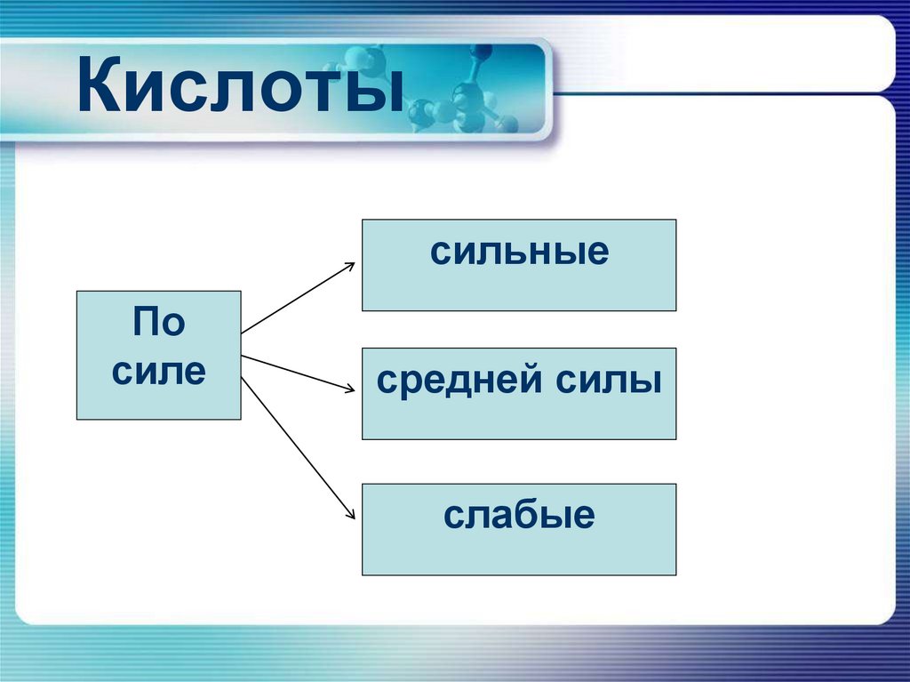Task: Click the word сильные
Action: pos(519,253)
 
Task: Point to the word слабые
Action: pos(519,515)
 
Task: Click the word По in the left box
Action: pos(159,322)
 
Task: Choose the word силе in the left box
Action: pos(159,370)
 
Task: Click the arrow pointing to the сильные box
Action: pos(298,298)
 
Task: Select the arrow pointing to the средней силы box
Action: pos(298,373)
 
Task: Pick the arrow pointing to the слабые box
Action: pos(298,446)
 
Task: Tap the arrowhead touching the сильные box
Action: pos(350,266)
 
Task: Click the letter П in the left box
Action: pos(146,322)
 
